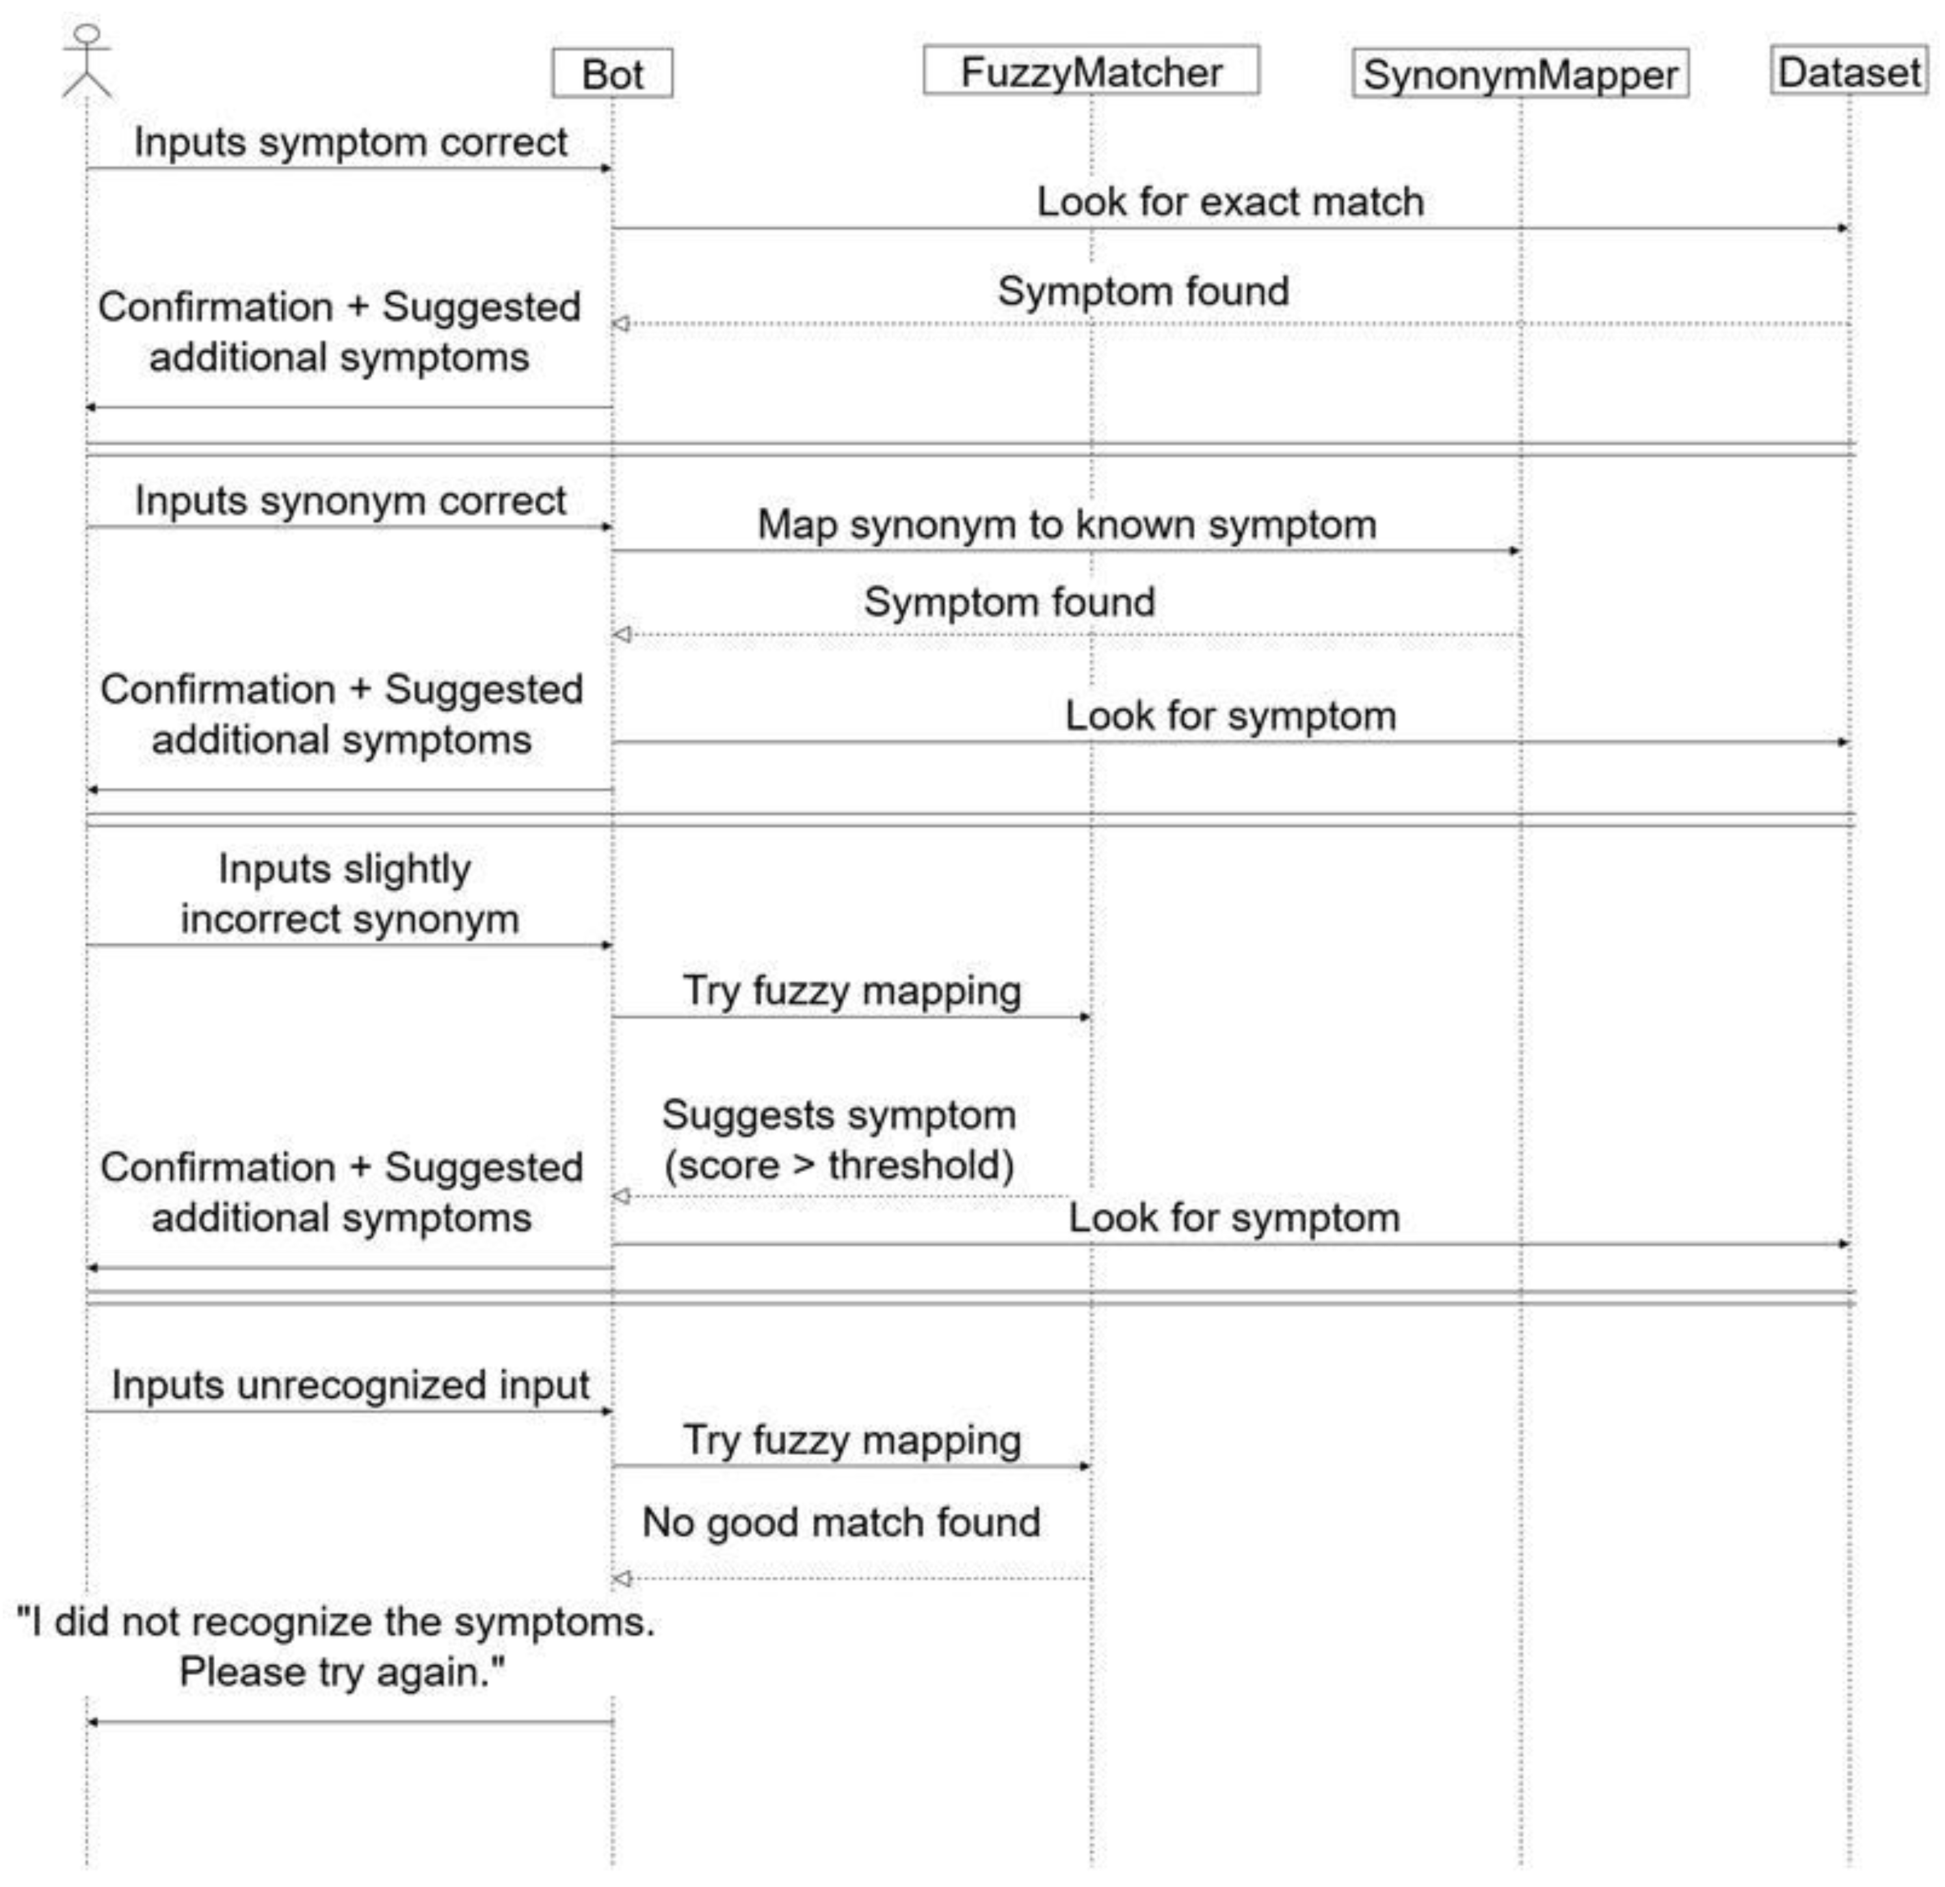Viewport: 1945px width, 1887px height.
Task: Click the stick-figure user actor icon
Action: pyautogui.click(x=88, y=62)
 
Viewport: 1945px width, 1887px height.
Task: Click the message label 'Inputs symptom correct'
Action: pyautogui.click(x=350, y=143)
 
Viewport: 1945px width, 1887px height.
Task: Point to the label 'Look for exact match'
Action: pyautogui.click(x=1230, y=202)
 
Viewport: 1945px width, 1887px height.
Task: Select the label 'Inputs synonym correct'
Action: pyautogui.click(x=350, y=501)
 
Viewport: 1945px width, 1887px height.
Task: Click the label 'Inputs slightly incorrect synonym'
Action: pyautogui.click(x=347, y=894)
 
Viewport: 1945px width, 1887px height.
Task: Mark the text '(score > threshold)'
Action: pyautogui.click(x=838, y=1166)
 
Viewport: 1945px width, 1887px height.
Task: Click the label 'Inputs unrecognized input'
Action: pyautogui.click(x=350, y=1385)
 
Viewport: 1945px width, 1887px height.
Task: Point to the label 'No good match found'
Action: pyautogui.click(x=841, y=1522)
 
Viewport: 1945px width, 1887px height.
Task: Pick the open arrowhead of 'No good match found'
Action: pyautogui.click(x=621, y=1579)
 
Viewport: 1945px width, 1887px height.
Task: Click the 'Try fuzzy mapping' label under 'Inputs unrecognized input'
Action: pyautogui.click(x=851, y=1441)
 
